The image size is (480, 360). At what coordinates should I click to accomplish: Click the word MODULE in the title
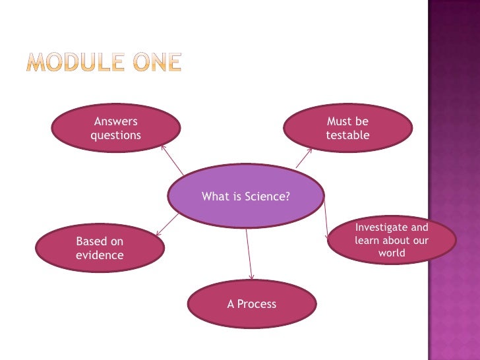pos(72,63)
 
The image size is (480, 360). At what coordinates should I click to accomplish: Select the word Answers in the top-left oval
pos(116,121)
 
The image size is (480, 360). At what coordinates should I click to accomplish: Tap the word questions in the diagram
pos(115,135)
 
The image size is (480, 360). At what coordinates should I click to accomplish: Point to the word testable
pos(347,135)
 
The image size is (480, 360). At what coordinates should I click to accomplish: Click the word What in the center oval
pos(214,196)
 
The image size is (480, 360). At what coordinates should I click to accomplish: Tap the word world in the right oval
pos(392,253)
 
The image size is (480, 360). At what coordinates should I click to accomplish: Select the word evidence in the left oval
pos(100,255)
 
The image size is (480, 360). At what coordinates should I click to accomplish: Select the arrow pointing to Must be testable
pos(304,157)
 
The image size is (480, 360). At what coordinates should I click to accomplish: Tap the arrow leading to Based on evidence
pos(167,224)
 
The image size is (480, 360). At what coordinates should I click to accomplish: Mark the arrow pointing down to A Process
pos(249,255)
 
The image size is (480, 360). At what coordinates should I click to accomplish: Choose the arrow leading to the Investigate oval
pos(326,218)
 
